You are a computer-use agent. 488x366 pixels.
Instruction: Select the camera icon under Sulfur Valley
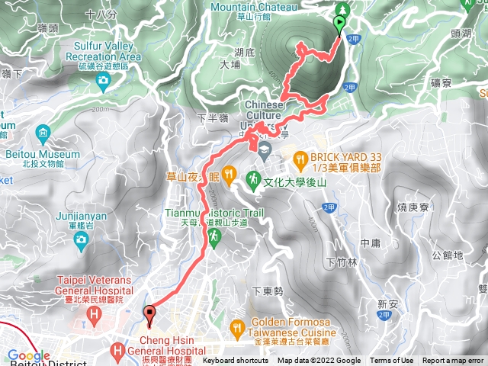pyautogui.click(x=103, y=80)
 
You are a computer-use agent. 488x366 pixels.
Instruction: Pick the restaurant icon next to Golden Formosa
pyautogui.click(x=238, y=326)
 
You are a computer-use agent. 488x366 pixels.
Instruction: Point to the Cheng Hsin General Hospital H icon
pyautogui.click(x=117, y=352)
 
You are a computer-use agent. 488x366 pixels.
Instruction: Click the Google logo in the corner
pyautogui.click(x=27, y=356)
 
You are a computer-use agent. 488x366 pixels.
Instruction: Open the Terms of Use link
pyautogui.click(x=392, y=361)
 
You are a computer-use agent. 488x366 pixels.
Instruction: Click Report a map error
pyautogui.click(x=453, y=361)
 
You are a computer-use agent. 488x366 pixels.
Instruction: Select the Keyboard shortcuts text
pyautogui.click(x=235, y=361)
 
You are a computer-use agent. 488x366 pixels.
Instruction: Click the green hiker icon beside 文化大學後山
pyautogui.click(x=252, y=178)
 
